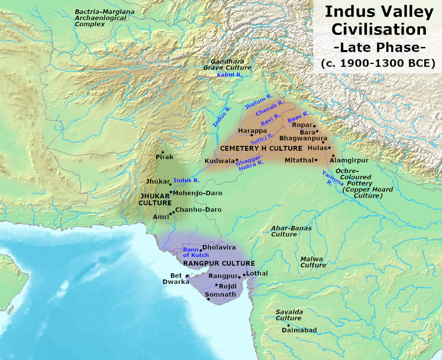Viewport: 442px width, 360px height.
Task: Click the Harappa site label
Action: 252,130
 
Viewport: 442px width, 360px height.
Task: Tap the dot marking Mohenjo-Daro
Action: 171,192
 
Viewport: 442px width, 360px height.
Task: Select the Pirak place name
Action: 164,157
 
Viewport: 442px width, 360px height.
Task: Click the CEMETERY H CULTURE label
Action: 261,148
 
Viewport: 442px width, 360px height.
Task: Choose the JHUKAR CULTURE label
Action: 155,198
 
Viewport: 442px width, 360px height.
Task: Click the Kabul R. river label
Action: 229,74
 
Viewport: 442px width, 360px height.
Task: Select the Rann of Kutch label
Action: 195,252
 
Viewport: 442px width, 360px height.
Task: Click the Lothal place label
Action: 258,272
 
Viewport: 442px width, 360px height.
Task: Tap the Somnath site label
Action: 220,294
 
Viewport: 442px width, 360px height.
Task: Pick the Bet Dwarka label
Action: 176,278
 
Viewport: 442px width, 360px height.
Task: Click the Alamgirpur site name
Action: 349,160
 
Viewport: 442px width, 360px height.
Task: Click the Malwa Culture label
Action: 313,262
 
